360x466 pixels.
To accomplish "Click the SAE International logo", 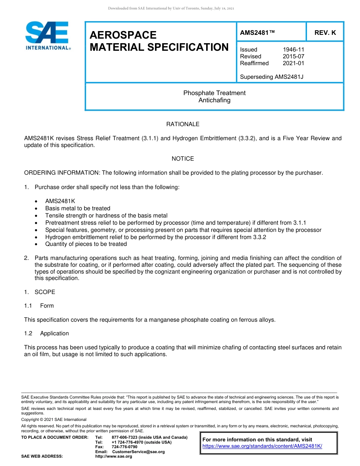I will click(47, 36).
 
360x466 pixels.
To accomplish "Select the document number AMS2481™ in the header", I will click(257, 33).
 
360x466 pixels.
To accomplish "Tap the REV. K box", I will click(325, 33).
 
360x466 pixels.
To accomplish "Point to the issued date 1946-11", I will click(293, 50).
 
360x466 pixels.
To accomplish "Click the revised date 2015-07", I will click(293, 56).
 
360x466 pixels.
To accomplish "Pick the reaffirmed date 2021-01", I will click(293, 63).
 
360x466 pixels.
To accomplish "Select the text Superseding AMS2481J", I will click(272, 77).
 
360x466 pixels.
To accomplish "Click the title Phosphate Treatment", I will click(214, 93).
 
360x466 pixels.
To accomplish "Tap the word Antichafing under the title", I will click(214, 100).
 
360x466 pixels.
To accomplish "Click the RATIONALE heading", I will click(183, 124).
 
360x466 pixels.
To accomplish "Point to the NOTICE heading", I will click(183, 159).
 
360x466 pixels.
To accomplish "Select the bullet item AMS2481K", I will click(60, 201).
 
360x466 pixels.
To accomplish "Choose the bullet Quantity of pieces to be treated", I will click(86, 244).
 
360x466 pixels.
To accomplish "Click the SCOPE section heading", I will click(45, 292).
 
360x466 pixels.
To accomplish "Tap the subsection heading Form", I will click(47, 306).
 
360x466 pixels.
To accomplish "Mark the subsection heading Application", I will click(55, 333).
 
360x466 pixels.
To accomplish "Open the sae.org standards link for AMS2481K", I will click(262, 446).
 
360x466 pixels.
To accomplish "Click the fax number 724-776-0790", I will click(125, 447).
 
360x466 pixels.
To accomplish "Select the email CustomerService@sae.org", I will click(139, 452).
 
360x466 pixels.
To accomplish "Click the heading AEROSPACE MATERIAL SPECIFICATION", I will click(159, 41).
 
